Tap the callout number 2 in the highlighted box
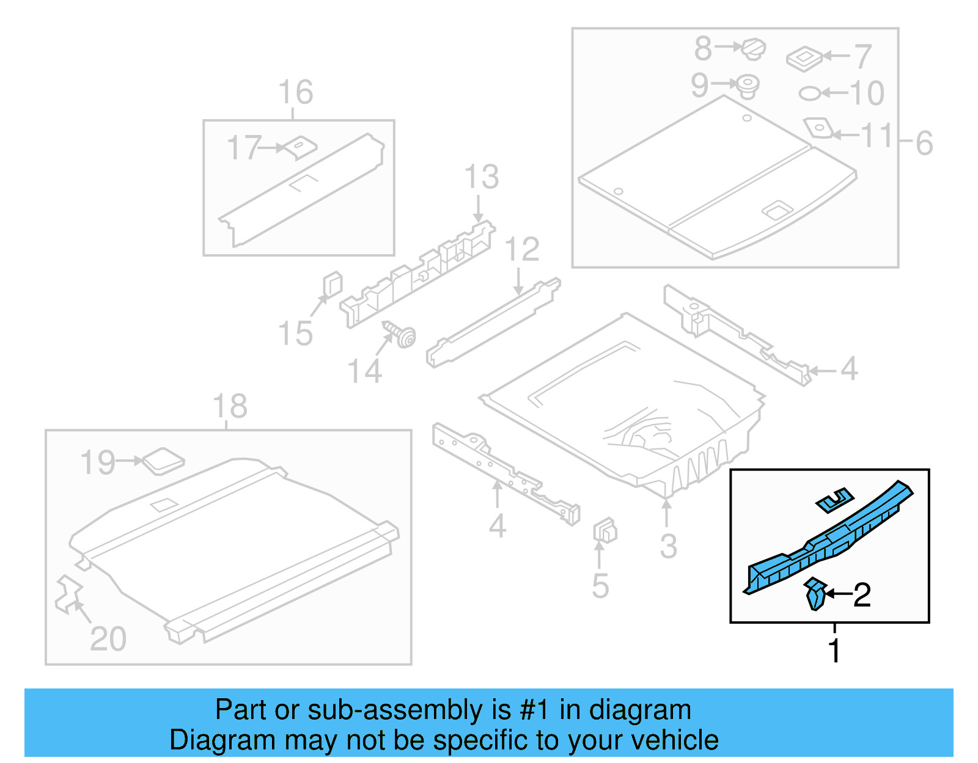(862, 594)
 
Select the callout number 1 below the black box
(834, 650)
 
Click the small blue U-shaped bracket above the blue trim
(835, 500)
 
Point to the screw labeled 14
(403, 335)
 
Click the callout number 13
(482, 177)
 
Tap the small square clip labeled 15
(332, 285)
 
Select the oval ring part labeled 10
(810, 93)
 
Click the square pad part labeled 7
(804, 59)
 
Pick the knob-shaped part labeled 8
(754, 48)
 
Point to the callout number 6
(924, 144)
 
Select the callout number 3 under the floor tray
(668, 546)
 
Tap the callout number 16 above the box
(296, 92)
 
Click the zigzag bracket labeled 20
(68, 594)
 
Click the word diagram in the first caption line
(640, 710)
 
